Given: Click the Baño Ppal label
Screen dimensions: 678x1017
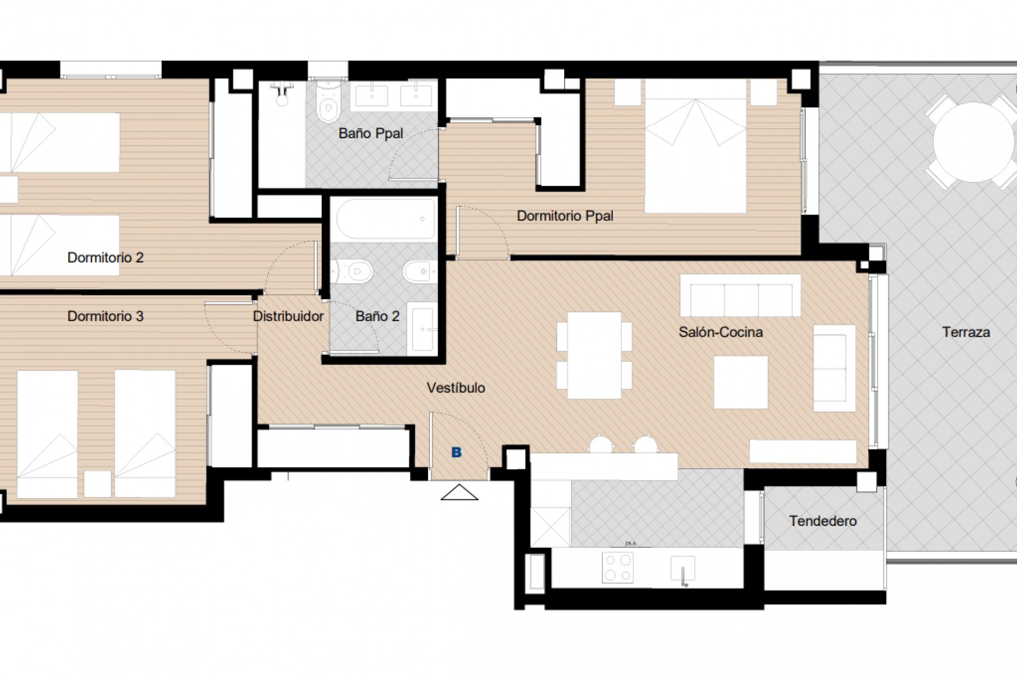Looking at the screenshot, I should [x=370, y=133].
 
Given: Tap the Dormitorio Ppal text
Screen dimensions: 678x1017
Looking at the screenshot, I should [x=565, y=216].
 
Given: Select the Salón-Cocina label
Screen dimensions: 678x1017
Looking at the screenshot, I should [x=720, y=333].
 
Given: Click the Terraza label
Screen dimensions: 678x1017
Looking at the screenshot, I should [x=966, y=333].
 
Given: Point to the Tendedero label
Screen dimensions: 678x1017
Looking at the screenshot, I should [x=823, y=521].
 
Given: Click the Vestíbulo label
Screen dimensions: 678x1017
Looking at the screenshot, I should [x=456, y=388].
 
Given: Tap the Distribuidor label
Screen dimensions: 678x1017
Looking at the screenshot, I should [x=288, y=317].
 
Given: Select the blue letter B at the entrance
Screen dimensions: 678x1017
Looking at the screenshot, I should [x=456, y=452].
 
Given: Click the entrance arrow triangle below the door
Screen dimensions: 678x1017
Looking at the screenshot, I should [x=459, y=493].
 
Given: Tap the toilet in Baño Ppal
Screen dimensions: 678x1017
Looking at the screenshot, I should [x=328, y=103].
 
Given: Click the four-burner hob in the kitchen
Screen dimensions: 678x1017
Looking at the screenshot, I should [x=618, y=568].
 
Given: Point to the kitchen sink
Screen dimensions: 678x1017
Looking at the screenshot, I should [x=682, y=569].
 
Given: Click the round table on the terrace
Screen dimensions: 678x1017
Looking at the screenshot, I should [x=973, y=142].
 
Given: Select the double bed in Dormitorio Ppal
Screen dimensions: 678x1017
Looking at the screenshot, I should [x=695, y=146].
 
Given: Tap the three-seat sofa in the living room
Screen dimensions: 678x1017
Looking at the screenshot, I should [x=740, y=296].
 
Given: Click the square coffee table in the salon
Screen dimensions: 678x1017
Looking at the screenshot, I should [x=741, y=382].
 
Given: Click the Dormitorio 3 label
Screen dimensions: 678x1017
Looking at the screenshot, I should [x=105, y=317].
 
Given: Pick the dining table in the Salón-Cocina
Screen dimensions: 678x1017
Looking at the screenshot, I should [x=594, y=355].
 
